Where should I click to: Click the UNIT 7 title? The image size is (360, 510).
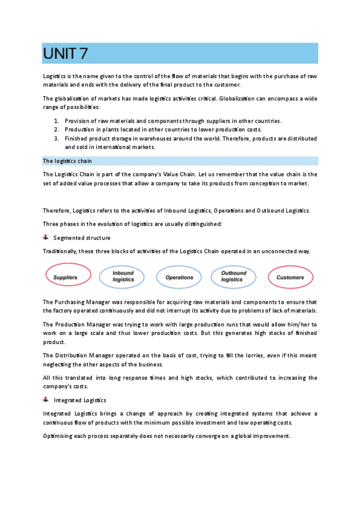point(66,54)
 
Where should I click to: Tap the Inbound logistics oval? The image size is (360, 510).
point(123,277)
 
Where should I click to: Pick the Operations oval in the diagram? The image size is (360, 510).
point(179,277)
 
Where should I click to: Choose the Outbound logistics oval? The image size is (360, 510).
point(234,277)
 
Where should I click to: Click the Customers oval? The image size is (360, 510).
point(290,277)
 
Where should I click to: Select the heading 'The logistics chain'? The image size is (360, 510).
point(67,161)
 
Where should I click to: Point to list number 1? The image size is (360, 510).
point(56,121)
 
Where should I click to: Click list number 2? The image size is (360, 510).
point(56,129)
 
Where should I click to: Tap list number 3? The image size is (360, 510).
point(56,138)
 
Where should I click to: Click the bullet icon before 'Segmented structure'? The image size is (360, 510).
point(46,238)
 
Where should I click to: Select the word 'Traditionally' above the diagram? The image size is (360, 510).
point(61,251)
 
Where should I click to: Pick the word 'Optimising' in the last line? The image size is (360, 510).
point(59,436)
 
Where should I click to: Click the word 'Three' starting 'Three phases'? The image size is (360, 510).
point(51,224)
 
